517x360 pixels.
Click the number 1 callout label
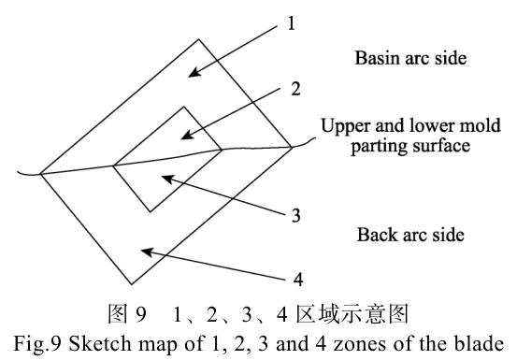pyautogui.click(x=292, y=22)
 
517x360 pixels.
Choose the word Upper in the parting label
pyautogui.click(x=342, y=126)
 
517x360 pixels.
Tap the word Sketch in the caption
pyautogui.click(x=136, y=343)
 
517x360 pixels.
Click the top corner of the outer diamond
pyautogui.click(x=197, y=39)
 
